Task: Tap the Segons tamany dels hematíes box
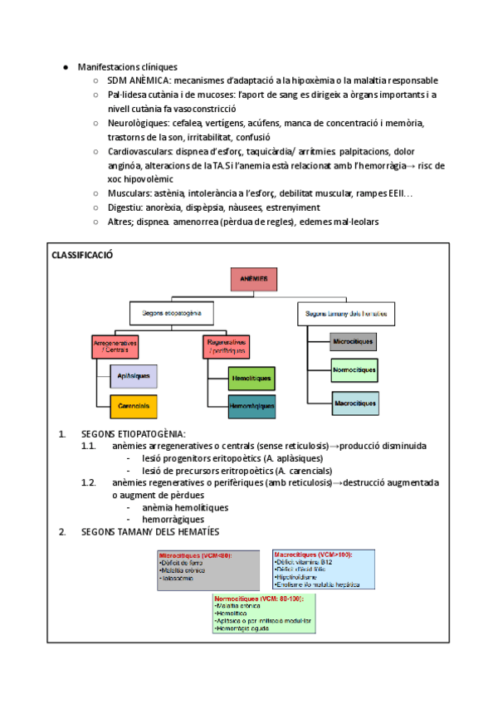point(345,314)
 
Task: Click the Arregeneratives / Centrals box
point(115,346)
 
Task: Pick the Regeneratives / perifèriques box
point(225,346)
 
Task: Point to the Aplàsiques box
point(134,376)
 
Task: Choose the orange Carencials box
point(134,406)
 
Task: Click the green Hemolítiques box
point(252,377)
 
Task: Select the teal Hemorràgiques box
point(252,406)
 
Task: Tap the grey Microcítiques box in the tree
point(354,341)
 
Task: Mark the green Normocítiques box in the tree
point(354,370)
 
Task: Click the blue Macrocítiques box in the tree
point(354,404)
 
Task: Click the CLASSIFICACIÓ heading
point(82,256)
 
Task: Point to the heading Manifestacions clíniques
point(127,66)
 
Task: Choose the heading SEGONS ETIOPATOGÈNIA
point(134,434)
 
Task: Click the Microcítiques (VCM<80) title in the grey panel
point(195,555)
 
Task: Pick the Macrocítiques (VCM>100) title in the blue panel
point(311,554)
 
